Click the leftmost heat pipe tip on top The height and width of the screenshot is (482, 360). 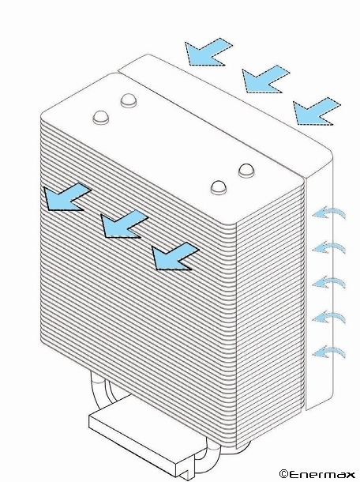[x=101, y=117]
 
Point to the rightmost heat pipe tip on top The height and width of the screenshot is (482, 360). [x=247, y=171]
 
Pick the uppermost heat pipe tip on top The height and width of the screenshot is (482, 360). [x=129, y=100]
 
